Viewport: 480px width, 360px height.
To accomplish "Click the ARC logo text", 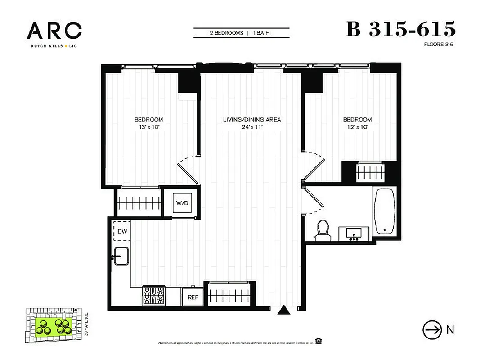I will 54,31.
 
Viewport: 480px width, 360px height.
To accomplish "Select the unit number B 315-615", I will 401,29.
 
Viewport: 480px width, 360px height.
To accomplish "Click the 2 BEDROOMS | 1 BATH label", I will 241,33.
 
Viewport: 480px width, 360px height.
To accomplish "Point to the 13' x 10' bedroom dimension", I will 148,127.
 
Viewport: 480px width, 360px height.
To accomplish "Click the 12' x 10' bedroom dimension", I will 357,127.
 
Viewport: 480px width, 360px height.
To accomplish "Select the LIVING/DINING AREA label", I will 252,120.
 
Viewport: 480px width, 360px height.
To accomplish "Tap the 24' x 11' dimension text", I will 252,127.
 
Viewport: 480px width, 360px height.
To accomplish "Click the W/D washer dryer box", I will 182,203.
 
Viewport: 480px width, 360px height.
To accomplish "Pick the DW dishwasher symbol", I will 122,231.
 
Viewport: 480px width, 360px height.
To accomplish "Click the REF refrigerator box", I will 193,297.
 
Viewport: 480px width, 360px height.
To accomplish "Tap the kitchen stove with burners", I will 154,296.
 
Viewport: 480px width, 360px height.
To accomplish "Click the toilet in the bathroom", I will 322,228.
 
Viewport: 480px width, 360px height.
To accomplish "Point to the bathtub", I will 385,211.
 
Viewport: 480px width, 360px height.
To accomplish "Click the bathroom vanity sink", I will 354,233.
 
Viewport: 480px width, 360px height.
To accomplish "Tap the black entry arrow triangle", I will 283,310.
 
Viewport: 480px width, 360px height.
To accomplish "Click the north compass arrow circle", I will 432,330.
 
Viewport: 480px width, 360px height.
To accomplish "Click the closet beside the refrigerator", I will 229,295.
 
